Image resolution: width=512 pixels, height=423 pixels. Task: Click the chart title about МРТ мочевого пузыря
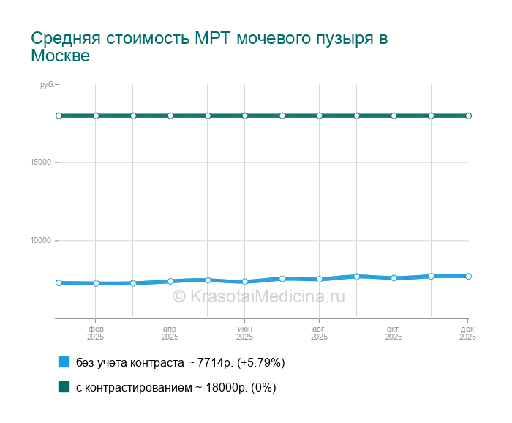(209, 47)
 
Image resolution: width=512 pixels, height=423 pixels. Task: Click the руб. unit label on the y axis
(47, 86)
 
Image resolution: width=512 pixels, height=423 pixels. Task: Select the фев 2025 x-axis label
(96, 333)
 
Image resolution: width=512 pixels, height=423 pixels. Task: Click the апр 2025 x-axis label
(170, 333)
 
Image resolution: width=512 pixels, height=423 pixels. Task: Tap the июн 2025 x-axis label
(244, 333)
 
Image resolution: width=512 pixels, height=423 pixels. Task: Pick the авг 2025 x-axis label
(319, 333)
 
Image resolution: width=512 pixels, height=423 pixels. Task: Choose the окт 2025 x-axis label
(394, 333)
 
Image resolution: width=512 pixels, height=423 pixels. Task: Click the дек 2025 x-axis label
(467, 333)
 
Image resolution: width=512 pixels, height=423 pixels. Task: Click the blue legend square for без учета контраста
(64, 362)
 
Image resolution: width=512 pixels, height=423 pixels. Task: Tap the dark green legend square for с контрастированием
(64, 387)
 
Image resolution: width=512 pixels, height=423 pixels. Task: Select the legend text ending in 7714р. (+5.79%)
(180, 362)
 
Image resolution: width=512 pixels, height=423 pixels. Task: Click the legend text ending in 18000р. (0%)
(176, 387)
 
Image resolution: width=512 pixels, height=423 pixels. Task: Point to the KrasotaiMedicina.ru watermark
(258, 296)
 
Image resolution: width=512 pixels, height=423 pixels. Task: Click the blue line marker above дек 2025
(468, 276)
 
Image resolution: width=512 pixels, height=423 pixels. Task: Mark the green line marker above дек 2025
(468, 116)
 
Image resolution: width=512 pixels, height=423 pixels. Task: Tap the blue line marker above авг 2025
(319, 279)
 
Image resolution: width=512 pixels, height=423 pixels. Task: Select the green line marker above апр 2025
(170, 116)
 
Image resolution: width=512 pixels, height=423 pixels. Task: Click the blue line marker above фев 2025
(96, 283)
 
